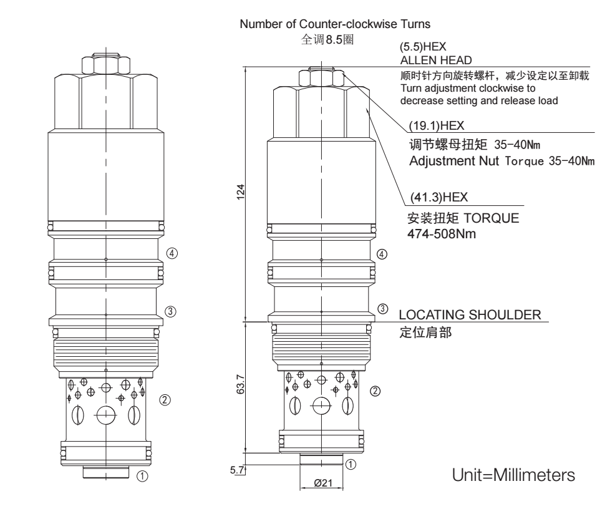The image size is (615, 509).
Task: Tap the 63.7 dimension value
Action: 241,387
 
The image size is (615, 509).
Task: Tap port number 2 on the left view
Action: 164,400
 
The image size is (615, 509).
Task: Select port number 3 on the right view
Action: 384,309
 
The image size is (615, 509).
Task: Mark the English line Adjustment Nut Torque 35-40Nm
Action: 501,162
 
